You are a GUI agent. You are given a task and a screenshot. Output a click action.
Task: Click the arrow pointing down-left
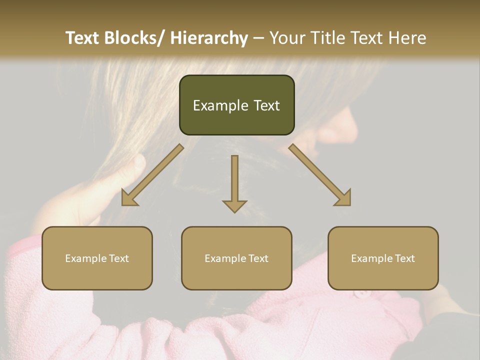click(152, 175)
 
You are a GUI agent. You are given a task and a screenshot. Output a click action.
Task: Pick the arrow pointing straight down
click(234, 183)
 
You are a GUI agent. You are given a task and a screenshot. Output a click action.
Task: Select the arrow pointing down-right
click(320, 175)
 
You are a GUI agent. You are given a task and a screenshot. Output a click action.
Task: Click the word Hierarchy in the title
click(209, 38)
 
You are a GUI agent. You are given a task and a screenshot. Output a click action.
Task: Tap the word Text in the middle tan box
click(257, 258)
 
